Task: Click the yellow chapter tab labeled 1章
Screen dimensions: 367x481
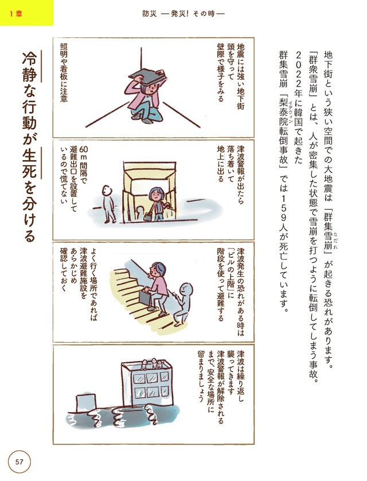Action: pyautogui.click(x=26, y=13)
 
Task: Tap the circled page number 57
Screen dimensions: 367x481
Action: pyautogui.click(x=19, y=461)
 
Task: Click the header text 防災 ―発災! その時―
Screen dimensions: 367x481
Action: pyautogui.click(x=183, y=14)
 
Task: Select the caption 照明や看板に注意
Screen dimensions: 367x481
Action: pyautogui.click(x=64, y=72)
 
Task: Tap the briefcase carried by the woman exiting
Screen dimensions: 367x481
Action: pyautogui.click(x=147, y=216)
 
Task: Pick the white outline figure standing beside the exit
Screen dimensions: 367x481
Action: pyautogui.click(x=108, y=204)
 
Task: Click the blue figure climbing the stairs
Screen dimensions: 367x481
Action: pyautogui.click(x=183, y=304)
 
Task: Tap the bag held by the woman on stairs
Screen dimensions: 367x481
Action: pyautogui.click(x=147, y=297)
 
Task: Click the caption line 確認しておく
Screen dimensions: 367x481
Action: pyautogui.click(x=64, y=269)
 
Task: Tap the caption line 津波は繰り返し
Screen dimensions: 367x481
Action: pyautogui.click(x=241, y=376)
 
